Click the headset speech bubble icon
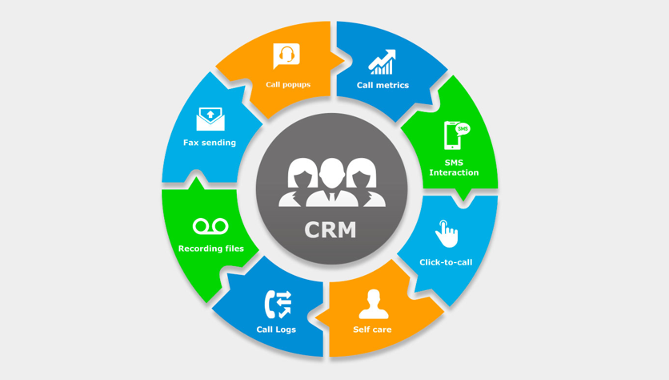click(x=286, y=56)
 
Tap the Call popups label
click(x=288, y=84)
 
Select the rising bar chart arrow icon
click(x=383, y=63)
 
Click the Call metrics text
click(x=383, y=85)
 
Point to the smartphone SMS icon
click(x=453, y=135)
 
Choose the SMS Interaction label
click(x=454, y=168)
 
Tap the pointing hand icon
click(x=447, y=234)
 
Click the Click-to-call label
click(x=446, y=262)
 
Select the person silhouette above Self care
click(x=373, y=304)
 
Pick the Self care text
click(x=372, y=329)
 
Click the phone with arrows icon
click(x=277, y=304)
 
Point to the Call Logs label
click(x=276, y=329)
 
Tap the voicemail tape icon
click(x=210, y=227)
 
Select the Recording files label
click(x=211, y=249)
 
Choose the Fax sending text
click(x=210, y=143)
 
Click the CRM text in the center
click(x=330, y=229)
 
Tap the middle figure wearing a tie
click(x=331, y=183)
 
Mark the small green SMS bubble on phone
click(x=463, y=129)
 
